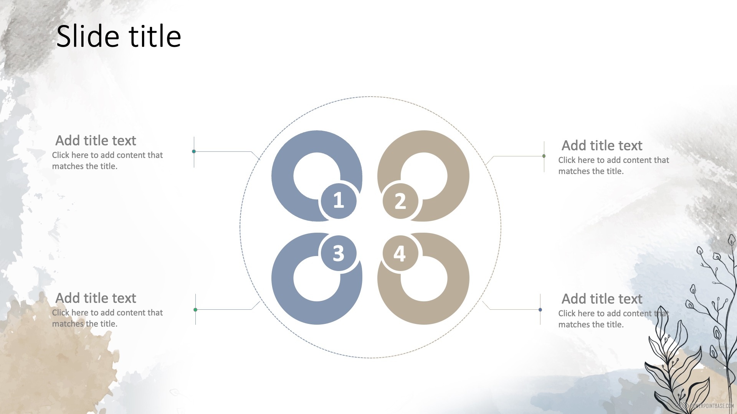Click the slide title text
click(x=119, y=36)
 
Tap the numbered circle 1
click(x=339, y=200)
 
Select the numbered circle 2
click(x=400, y=200)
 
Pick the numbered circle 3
click(x=339, y=253)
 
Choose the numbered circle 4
click(x=400, y=253)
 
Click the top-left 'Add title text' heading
click(x=96, y=141)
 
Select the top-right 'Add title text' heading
click(x=602, y=146)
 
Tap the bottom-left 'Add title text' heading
click(x=96, y=298)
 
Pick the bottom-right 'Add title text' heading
click(x=602, y=299)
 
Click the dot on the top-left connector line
click(x=194, y=151)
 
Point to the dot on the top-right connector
click(x=544, y=156)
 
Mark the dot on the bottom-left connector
click(x=195, y=310)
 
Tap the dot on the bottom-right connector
click(x=540, y=310)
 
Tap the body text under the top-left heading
click(x=107, y=161)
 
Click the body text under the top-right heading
click(x=613, y=166)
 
